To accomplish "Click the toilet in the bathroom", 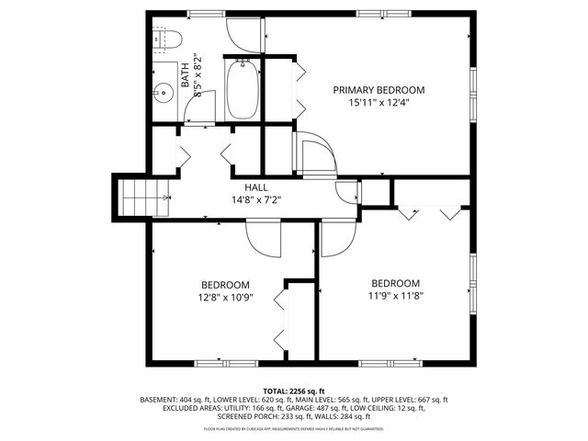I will pos(168,39).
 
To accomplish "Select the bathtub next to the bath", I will pos(243,90).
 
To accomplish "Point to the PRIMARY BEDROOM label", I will pos(379,90).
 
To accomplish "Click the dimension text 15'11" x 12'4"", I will pos(379,103).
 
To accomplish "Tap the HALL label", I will pos(256,187).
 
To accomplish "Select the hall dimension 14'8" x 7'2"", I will pos(256,199).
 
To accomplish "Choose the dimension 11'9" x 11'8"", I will pos(395,296).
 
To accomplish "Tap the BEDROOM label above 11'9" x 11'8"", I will pos(395,283).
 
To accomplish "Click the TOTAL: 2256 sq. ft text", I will pos(293,390).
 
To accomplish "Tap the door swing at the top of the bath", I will pos(243,33).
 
